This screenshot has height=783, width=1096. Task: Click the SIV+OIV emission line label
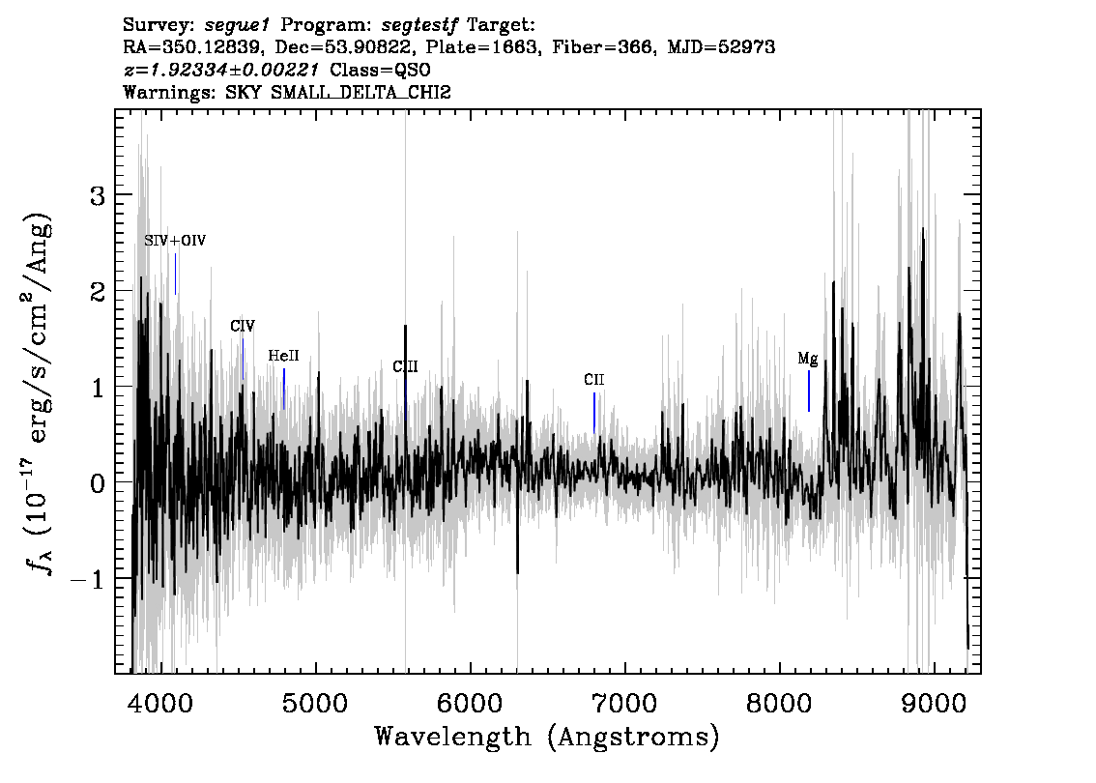pos(175,241)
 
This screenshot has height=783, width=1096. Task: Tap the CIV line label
pos(243,326)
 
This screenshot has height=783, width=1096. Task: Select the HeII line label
pos(284,356)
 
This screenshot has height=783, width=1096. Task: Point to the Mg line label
pos(808,360)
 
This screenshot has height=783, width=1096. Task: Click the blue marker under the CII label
pos(594,413)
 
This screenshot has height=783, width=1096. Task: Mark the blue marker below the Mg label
pos(809,391)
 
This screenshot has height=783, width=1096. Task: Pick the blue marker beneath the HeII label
pos(284,390)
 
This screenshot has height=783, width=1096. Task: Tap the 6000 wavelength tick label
pos(471,702)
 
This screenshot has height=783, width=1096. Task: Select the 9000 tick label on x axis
pos(933,702)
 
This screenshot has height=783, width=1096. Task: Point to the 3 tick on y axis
pos(99,195)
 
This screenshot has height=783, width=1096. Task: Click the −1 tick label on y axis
pos(88,579)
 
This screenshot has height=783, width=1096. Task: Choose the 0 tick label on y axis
pos(99,483)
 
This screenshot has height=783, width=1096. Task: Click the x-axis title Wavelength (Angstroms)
pos(547,737)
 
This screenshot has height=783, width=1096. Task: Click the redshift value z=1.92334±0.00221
pos(221,70)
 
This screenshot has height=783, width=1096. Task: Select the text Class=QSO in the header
pos(380,70)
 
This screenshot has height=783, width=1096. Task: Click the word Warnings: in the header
pos(169,92)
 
